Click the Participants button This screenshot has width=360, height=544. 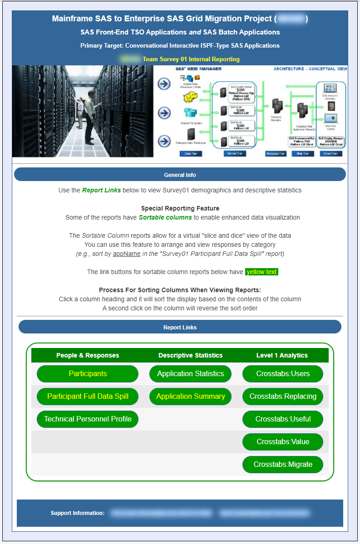tap(88, 374)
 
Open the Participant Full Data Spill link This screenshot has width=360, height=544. tap(88, 397)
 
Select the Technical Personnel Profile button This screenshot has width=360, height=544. tap(88, 419)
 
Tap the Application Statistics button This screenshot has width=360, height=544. tap(190, 374)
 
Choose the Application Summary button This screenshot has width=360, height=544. tap(190, 397)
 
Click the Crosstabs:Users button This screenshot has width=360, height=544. tap(283, 374)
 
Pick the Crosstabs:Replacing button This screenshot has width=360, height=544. tap(283, 397)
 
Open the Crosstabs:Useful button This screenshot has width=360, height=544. tap(283, 419)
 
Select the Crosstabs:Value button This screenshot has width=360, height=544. tap(283, 442)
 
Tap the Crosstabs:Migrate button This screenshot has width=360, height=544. tap(283, 465)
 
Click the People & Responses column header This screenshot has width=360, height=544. tap(88, 355)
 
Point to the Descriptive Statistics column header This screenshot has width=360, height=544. tap(190, 355)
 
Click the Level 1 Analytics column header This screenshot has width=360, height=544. tap(282, 355)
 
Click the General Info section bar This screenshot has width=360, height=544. tap(180, 175)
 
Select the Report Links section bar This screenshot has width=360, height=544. tap(180, 327)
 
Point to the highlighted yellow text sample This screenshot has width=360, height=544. tap(261, 272)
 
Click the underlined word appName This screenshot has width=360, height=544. tap(127, 254)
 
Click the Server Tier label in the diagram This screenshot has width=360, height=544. tap(234, 154)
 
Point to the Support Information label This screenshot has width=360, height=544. tap(78, 513)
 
